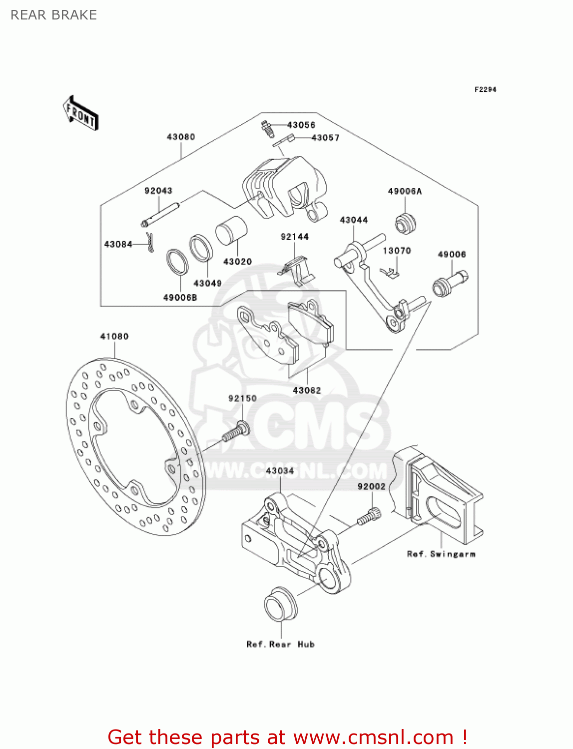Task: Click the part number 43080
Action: (180, 137)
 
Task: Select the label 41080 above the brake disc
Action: (114, 337)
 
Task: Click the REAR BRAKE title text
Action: (53, 15)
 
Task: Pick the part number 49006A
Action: (405, 191)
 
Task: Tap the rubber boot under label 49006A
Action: (406, 223)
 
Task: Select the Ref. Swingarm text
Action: (441, 554)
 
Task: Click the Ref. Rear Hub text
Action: (280, 645)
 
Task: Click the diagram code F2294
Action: (485, 89)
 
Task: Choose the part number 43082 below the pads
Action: (307, 390)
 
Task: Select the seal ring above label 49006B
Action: (177, 262)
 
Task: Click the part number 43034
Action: (280, 471)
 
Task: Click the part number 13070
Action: (397, 251)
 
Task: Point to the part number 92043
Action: (158, 191)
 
